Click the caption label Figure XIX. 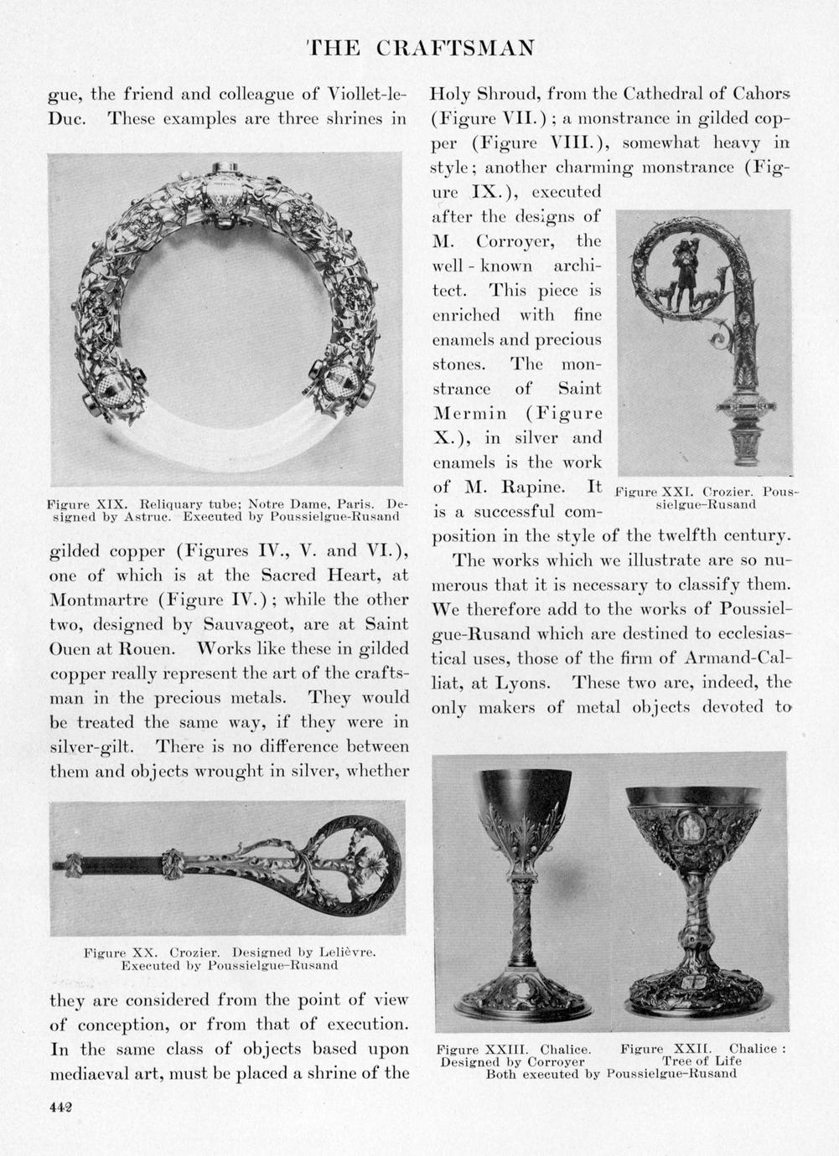[85, 505]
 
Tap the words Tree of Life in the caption [702, 1061]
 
